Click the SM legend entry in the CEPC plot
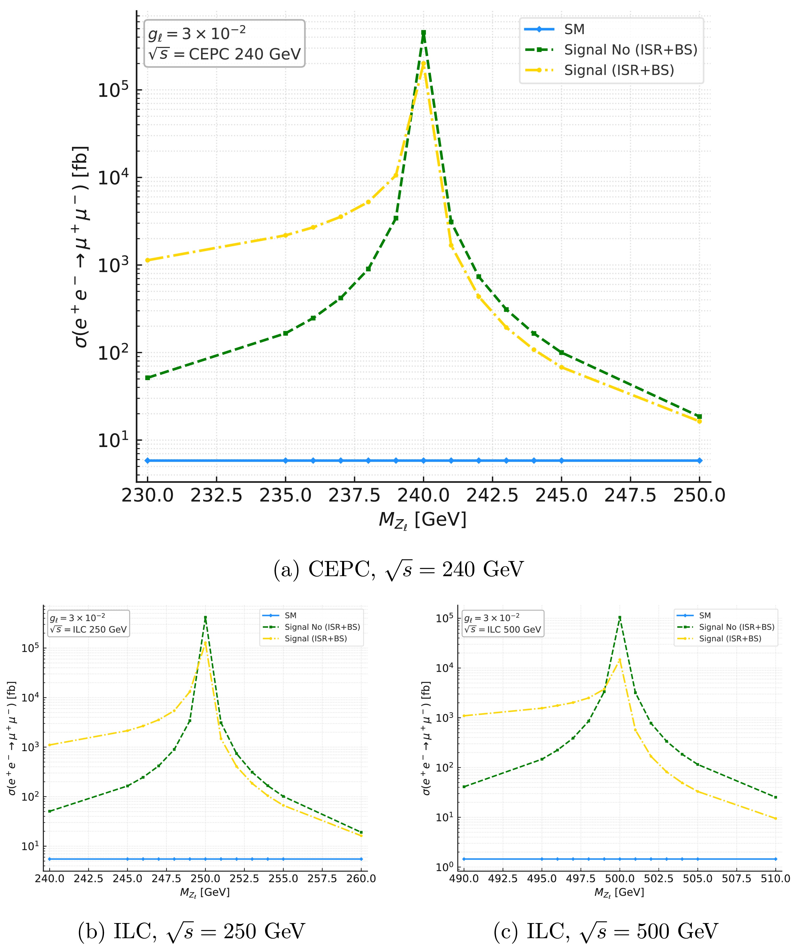click(574, 29)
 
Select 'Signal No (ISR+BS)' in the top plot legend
click(630, 50)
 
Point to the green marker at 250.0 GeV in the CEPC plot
click(699, 416)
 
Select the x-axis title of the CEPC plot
click(422, 520)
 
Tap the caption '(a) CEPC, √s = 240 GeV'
click(398, 570)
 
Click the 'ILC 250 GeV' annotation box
click(89, 623)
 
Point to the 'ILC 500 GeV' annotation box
click(502, 623)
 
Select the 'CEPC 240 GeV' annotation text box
click(224, 43)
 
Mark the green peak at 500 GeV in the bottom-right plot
click(619, 617)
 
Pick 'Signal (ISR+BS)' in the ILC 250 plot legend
click(315, 638)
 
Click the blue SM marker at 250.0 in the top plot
click(699, 461)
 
